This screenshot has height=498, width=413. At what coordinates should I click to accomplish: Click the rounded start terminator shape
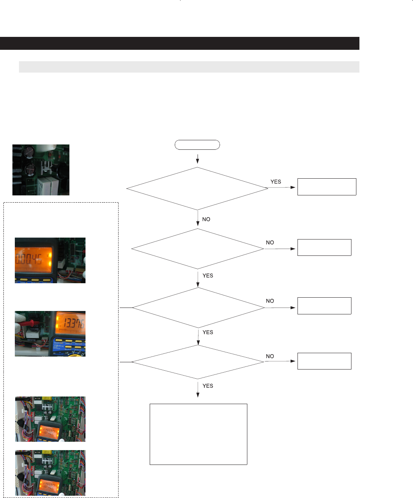tap(197, 145)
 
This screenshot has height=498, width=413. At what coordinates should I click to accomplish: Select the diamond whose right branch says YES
tap(197, 189)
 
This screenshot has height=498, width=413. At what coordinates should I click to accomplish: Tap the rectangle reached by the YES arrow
tap(326, 187)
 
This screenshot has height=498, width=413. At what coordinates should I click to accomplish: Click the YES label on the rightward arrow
tap(276, 182)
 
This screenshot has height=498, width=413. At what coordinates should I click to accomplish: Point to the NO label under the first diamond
tap(206, 219)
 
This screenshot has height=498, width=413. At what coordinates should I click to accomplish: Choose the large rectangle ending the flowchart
tap(198, 434)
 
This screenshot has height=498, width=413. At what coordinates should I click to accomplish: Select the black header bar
tap(179, 43)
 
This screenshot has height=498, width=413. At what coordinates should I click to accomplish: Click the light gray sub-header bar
tap(189, 67)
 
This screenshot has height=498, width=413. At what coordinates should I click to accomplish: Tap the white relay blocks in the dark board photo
tap(46, 185)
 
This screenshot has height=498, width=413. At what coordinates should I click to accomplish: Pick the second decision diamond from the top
tap(198, 249)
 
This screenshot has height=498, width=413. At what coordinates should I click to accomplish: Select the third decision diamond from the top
tap(198, 308)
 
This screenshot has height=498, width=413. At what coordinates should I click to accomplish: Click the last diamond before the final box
tap(198, 362)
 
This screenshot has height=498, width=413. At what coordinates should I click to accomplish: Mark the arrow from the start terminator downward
tap(198, 159)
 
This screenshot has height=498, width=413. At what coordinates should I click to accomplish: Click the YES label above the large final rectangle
tap(208, 386)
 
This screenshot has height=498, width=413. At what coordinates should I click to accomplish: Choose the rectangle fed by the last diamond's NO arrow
tap(324, 361)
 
